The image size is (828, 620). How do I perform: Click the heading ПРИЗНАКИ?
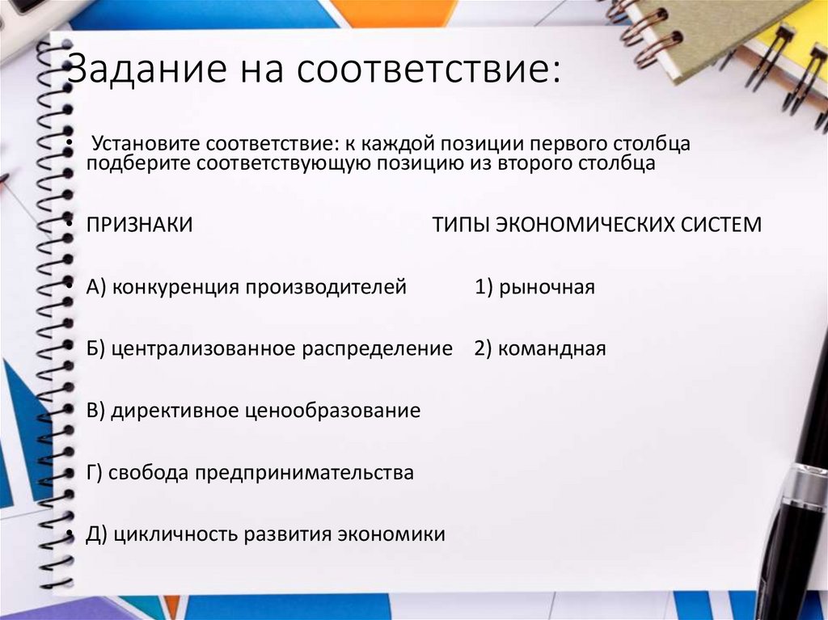(x=140, y=225)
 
